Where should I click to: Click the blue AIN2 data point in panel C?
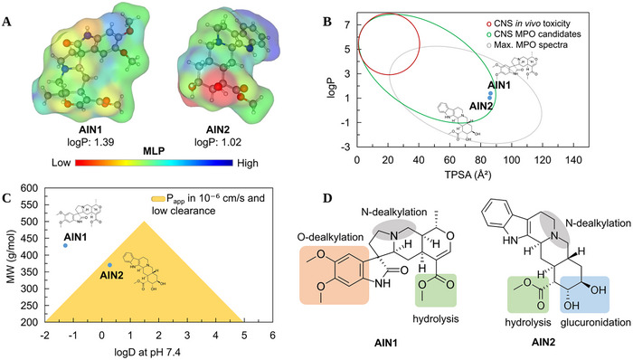(110, 265)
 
